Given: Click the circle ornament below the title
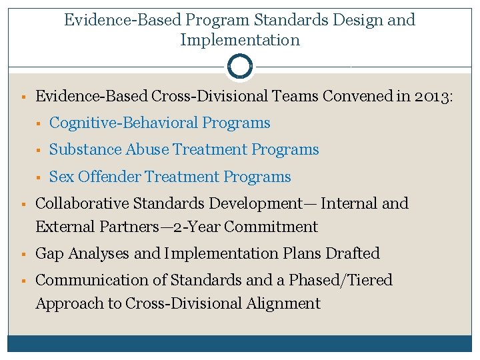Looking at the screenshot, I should tap(239, 67).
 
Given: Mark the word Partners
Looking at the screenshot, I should tap(125, 227).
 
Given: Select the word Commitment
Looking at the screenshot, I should tap(271, 227).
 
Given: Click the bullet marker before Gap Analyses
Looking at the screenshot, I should tap(23, 255).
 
